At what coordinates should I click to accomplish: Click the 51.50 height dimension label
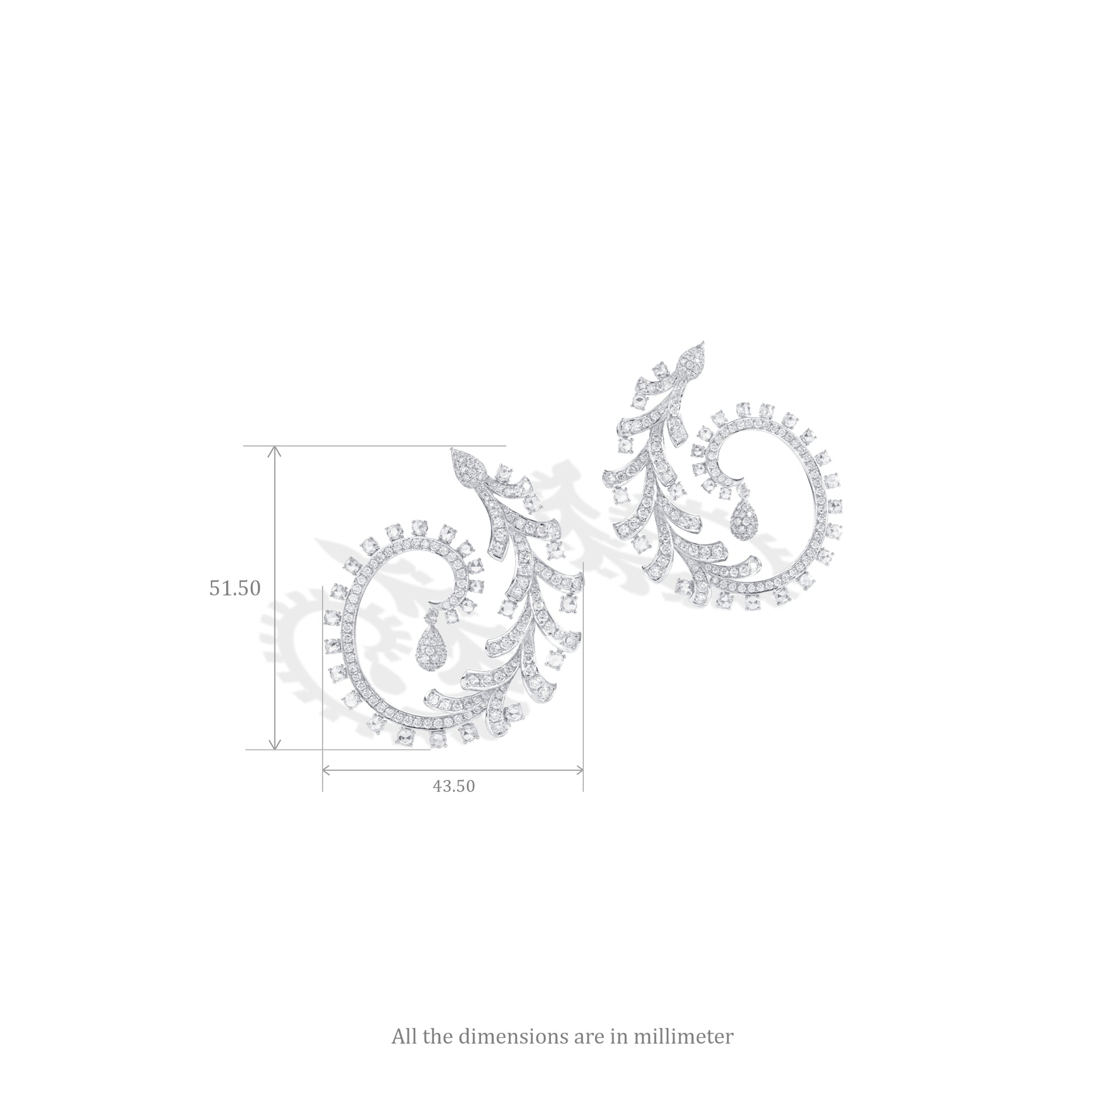coord(235,588)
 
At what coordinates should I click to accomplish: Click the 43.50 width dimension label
coord(454,786)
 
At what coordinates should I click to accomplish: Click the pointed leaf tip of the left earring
coord(452,448)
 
